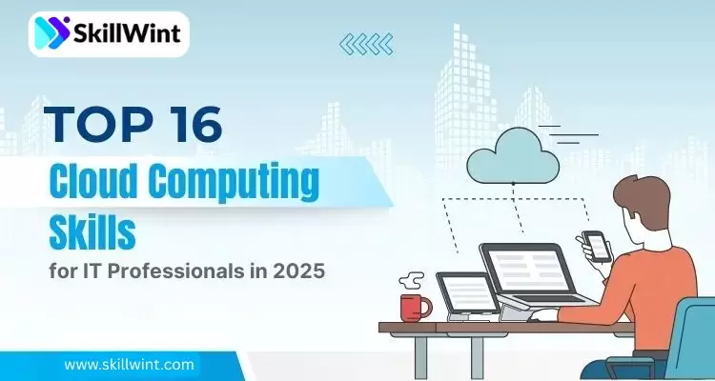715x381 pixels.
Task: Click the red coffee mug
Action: point(415,307)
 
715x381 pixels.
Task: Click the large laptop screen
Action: point(521,270)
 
